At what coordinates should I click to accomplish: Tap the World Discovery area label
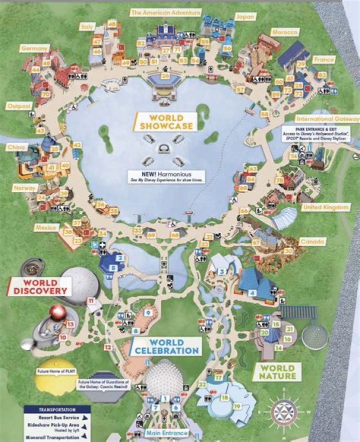coord(39,286)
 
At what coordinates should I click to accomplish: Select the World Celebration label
coord(166,346)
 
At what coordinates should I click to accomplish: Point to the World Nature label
coord(277,371)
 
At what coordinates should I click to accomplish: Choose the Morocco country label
coord(284,33)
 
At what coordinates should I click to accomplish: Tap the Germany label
coord(34,49)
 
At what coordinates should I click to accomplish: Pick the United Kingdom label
coord(320,207)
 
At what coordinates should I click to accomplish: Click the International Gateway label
coord(328,119)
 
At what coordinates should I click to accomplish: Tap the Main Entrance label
coord(166,433)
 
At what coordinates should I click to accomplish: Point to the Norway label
coord(25,188)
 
